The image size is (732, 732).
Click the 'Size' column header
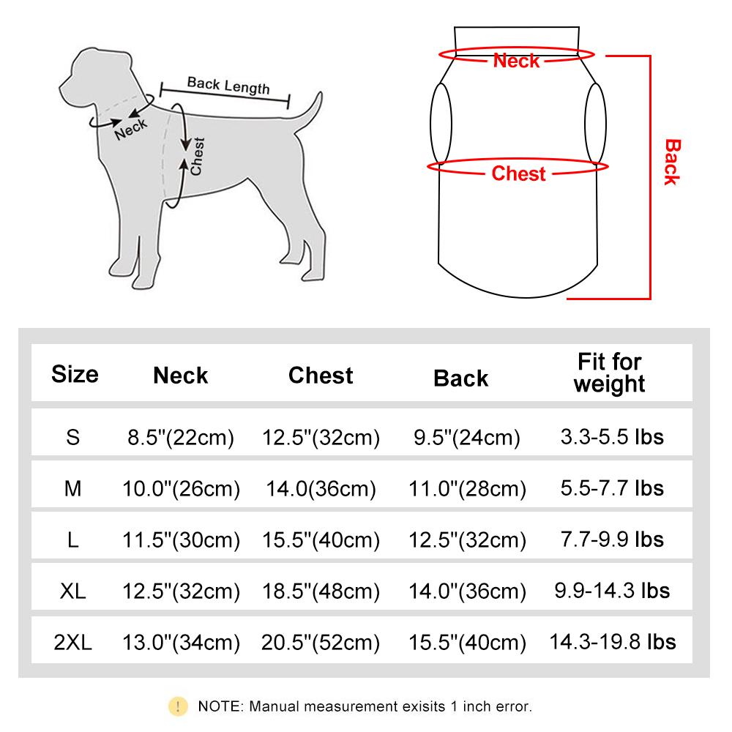[74, 374]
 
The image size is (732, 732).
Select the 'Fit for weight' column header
[609, 373]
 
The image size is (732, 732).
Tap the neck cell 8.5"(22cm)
[181, 438]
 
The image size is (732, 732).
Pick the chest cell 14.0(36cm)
[321, 488]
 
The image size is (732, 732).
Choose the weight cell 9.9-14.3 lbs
[612, 590]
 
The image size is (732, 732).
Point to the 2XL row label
[73, 643]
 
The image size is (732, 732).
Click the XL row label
[73, 591]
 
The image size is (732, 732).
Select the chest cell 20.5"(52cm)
[321, 643]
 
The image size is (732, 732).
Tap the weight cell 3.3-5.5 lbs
[612, 437]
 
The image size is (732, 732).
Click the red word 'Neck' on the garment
[516, 61]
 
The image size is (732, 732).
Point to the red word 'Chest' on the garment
[518, 173]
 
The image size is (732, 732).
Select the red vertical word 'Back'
[671, 162]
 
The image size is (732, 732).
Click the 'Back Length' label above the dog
[228, 85]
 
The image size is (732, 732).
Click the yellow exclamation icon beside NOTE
[178, 706]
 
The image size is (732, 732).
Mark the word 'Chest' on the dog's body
[196, 157]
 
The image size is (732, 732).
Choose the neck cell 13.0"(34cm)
[181, 643]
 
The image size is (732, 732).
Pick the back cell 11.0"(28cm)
[469, 488]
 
